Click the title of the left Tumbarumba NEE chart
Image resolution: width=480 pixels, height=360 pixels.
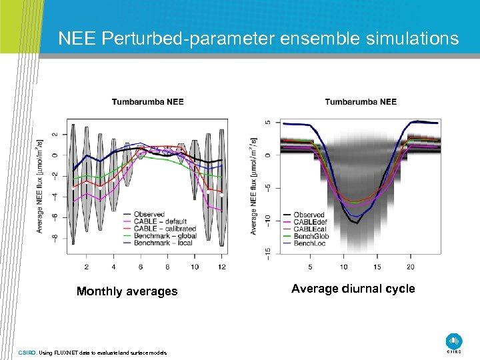147,102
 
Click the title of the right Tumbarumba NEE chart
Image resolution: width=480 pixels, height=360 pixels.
361,102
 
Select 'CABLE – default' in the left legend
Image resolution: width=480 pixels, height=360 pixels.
163,221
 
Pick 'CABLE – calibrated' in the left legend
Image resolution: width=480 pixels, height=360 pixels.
166,229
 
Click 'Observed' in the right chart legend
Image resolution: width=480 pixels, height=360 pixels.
309,215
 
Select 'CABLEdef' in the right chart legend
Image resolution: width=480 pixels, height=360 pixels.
310,222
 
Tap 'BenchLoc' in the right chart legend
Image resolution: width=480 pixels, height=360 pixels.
310,243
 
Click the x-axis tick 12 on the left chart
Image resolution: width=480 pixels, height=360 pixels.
221,267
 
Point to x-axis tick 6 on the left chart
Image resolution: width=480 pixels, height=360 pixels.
141,267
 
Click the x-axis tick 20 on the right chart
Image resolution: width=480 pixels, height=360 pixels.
411,267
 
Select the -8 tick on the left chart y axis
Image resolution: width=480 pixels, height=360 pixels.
55,237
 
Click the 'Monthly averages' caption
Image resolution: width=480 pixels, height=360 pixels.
127,291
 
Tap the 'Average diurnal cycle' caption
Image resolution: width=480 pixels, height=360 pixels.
353,289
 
